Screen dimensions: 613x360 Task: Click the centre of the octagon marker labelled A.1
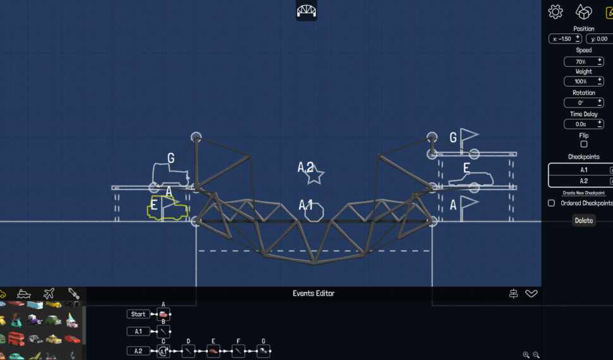314,213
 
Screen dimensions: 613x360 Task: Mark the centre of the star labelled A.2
314,176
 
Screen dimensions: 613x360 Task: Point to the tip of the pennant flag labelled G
479,135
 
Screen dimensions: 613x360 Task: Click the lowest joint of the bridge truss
315,263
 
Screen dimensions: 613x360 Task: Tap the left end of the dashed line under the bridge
199,251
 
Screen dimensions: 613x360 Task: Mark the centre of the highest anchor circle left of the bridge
197,137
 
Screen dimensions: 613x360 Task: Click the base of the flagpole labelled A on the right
462,221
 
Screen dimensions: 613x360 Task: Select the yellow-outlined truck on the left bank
167,208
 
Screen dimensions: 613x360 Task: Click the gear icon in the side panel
555,12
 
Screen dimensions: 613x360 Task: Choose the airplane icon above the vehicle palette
49,293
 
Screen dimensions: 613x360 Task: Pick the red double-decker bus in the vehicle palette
16,339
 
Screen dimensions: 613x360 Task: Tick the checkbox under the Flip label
584,144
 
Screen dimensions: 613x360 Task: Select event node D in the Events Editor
188,351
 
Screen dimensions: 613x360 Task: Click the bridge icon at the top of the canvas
306,11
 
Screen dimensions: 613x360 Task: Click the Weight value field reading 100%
584,81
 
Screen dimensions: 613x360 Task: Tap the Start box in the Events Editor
138,314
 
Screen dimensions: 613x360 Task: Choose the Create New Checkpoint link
584,193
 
